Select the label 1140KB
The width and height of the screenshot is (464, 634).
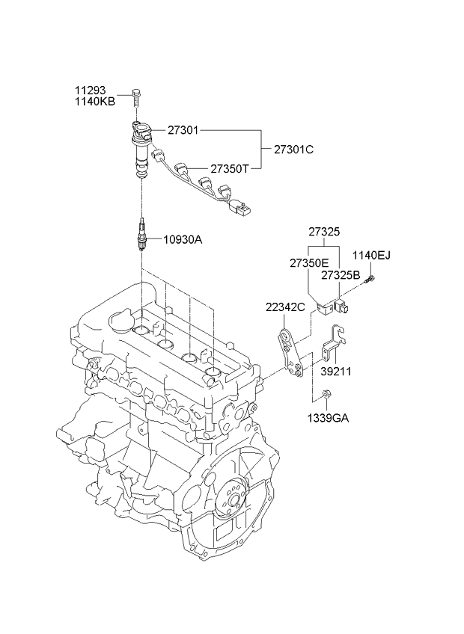pos(94,102)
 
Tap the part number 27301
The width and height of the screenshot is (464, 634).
pos(182,130)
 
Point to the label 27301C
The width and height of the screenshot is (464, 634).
pos(293,149)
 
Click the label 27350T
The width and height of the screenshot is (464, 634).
pos(229,169)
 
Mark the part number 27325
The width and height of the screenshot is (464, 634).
pos(324,233)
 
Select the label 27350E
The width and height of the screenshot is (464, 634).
pos(309,263)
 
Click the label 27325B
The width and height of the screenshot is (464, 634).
pos(341,274)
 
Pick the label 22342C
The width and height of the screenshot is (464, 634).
pos(284,307)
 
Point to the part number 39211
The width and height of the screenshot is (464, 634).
pos(336,371)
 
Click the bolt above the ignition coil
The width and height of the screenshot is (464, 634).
pos(136,95)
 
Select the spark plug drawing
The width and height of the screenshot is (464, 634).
pos(140,235)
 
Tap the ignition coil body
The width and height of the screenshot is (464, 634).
pos(140,150)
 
